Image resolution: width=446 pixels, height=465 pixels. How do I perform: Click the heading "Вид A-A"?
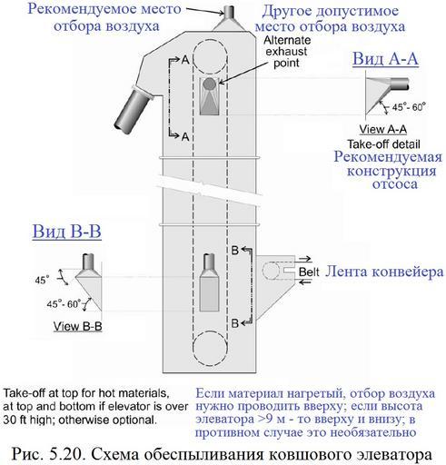385,59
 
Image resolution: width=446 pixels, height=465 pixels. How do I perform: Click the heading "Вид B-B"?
67,232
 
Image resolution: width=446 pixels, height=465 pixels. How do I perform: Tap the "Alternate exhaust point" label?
286,52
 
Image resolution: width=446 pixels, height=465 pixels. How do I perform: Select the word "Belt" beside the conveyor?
309,272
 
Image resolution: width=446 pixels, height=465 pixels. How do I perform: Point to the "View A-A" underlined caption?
383,129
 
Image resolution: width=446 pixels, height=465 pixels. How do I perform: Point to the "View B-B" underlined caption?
78,326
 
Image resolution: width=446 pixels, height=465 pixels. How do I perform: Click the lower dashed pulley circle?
210,347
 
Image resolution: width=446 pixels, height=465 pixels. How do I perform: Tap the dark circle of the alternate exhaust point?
209,84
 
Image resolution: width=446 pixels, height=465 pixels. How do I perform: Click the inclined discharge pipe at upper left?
134,110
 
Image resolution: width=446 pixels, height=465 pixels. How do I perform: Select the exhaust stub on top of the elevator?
229,12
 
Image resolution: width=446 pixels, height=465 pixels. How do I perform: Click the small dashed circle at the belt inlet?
271,271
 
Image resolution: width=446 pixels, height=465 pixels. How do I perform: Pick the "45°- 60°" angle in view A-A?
409,107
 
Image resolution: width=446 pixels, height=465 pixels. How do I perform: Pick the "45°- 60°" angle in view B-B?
64,303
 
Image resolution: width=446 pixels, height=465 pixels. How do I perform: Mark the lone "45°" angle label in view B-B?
42,280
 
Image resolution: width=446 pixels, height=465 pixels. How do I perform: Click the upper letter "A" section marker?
185,60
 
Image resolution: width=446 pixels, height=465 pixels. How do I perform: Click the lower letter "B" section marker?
235,323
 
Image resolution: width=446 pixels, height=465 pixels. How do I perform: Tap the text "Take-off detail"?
383,144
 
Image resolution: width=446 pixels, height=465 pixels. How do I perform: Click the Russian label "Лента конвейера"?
384,272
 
